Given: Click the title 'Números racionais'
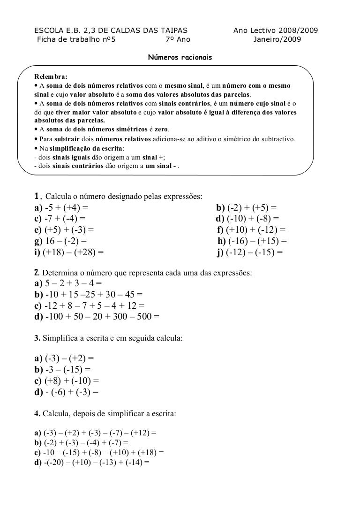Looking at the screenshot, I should point(180,57).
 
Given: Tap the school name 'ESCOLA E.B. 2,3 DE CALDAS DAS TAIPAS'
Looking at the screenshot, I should point(109,30).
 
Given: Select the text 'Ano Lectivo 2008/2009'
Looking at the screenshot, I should point(276,30).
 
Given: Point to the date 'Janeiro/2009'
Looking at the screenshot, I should point(277,39).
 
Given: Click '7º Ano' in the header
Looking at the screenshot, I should point(178,39).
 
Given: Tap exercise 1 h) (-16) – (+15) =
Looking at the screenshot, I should point(252,242).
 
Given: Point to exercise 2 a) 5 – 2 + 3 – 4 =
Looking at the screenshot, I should point(67,283).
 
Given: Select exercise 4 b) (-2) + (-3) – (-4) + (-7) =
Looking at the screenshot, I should point(81,442).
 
